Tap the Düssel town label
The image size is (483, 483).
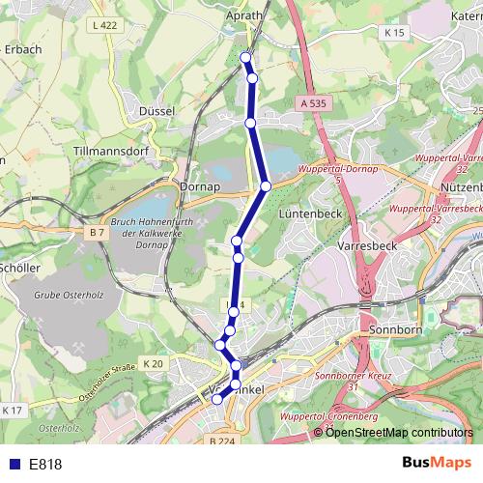pyautogui.click(x=156, y=111)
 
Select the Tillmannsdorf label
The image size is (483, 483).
pyautogui.click(x=115, y=153)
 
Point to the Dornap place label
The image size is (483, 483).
pyautogui.click(x=200, y=186)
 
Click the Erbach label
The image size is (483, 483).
pyautogui.click(x=21, y=47)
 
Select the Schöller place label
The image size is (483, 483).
pyautogui.click(x=19, y=268)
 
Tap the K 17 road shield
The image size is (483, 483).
pyautogui.click(x=12, y=411)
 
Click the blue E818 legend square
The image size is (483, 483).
pyautogui.click(x=13, y=464)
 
